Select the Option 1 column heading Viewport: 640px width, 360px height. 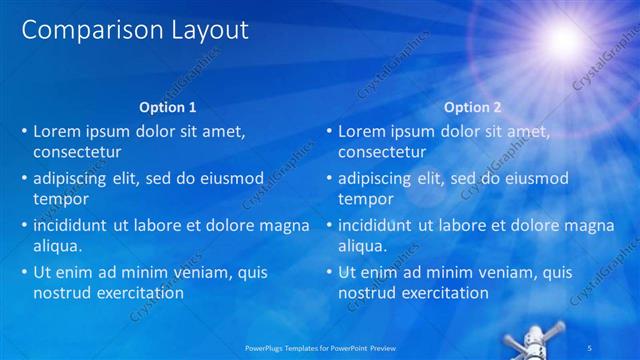coord(166,107)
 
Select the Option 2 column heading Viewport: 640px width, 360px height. coord(473,107)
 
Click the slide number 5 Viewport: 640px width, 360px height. coord(619,347)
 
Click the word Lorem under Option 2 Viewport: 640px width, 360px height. coord(361,131)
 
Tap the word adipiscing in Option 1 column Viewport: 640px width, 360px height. coord(73,178)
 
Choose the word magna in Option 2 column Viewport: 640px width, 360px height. coord(589,225)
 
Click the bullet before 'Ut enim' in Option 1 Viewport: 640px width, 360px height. coord(23,272)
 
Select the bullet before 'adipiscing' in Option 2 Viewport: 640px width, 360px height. coord(328,178)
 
